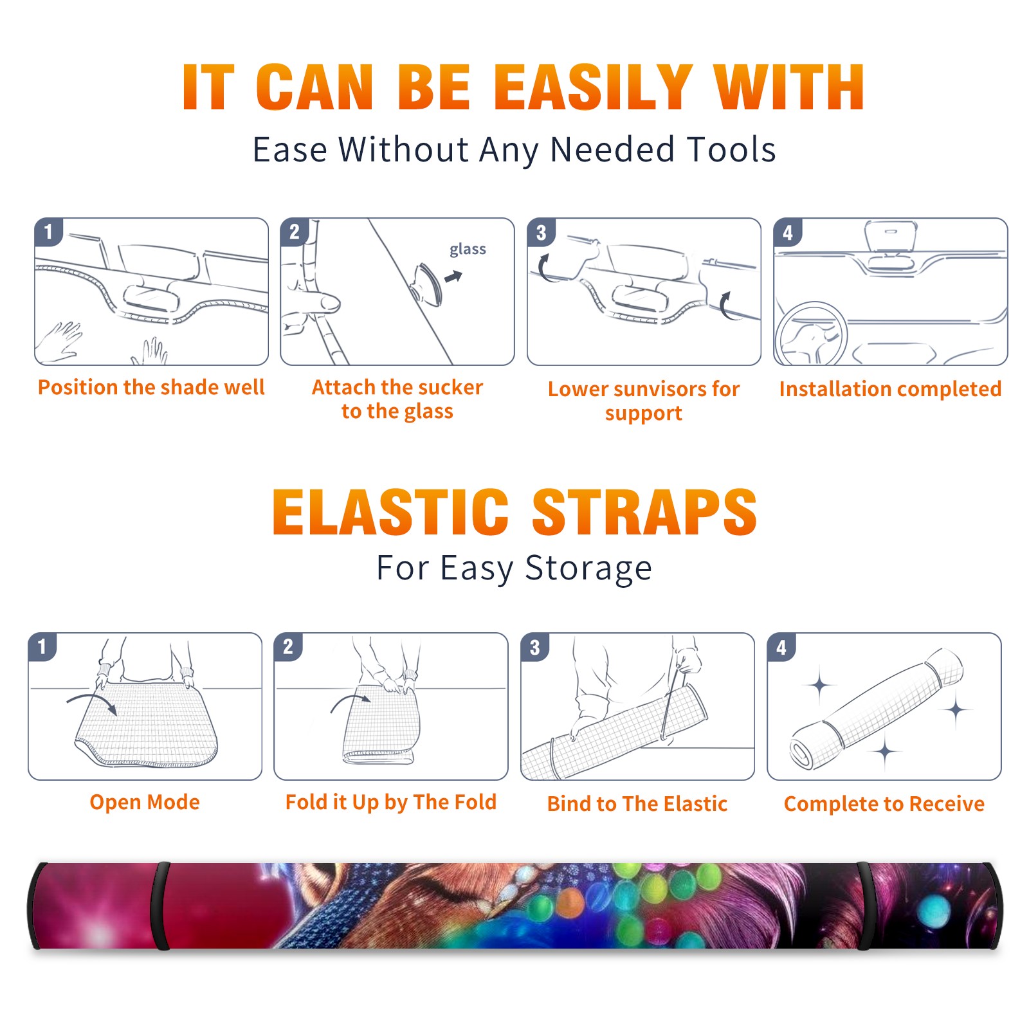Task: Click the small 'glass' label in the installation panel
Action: [468, 250]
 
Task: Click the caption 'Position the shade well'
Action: [151, 387]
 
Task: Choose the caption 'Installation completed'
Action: [890, 389]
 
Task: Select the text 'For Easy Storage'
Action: [514, 568]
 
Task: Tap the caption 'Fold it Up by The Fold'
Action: [391, 802]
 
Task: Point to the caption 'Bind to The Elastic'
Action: [637, 804]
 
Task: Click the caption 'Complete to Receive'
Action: [884, 804]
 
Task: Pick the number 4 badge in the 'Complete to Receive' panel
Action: [781, 647]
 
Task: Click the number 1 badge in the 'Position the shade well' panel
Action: [49, 232]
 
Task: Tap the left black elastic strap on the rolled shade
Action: [161, 906]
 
